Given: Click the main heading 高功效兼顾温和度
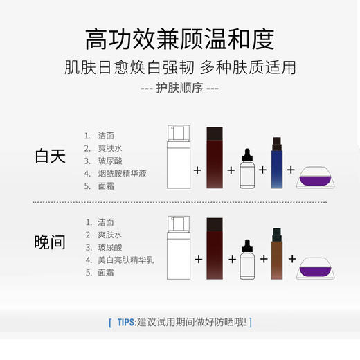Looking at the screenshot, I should click(179, 39).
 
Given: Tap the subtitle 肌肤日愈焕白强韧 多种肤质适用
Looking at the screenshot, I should click(179, 68).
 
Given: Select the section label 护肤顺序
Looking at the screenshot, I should click(179, 89).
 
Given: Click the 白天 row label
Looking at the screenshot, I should click(50, 156).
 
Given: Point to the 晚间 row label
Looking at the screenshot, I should click(50, 242).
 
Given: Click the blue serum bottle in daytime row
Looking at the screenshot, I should click(277, 164).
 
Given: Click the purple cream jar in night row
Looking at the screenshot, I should click(316, 268).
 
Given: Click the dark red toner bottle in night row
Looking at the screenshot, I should click(215, 247).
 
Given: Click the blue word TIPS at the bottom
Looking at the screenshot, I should click(126, 322).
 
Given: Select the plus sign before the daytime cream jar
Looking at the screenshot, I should click(291, 169).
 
